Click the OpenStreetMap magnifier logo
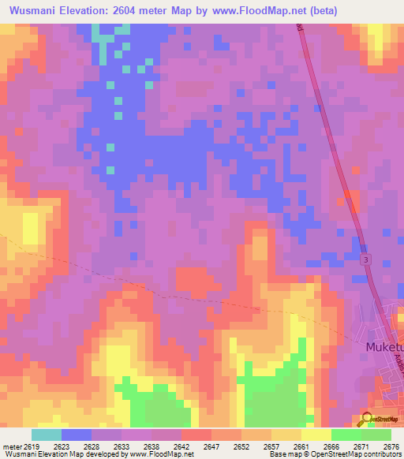366,419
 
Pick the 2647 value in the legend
211,446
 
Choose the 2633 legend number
121,446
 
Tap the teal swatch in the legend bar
47,435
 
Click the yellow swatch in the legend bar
316,435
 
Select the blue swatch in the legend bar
77,435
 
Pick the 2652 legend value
241,446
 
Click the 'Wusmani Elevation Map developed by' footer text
55,454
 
